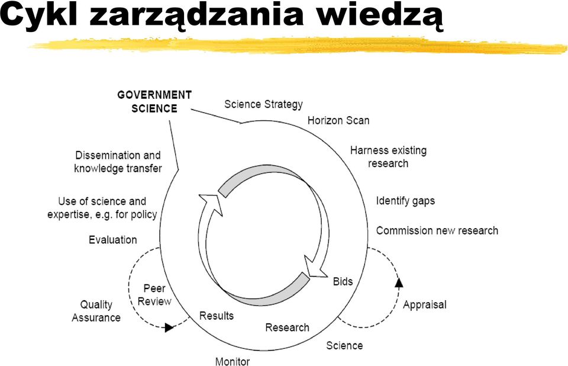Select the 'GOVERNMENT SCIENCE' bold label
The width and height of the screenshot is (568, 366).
154,101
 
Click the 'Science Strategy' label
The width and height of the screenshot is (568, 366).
263,104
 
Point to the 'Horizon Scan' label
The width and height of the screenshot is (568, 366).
338,120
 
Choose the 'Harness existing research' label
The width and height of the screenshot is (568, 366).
388,157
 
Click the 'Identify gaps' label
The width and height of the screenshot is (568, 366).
405,201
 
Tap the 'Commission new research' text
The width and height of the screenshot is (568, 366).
437,230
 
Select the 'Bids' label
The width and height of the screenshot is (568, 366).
343,281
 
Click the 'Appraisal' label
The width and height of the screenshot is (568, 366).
425,304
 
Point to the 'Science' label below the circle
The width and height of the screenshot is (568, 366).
344,345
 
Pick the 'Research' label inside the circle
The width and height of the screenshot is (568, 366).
288,327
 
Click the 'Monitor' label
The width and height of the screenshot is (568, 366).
232,361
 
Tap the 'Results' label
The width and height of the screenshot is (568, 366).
217,316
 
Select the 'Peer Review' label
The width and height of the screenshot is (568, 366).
154,295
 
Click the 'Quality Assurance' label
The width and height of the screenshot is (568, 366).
96,311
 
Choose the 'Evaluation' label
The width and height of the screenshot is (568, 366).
112,240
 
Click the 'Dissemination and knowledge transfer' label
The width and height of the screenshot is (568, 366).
118,162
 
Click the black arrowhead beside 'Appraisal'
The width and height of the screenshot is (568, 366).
399,282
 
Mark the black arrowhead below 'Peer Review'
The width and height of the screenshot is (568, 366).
169,328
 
